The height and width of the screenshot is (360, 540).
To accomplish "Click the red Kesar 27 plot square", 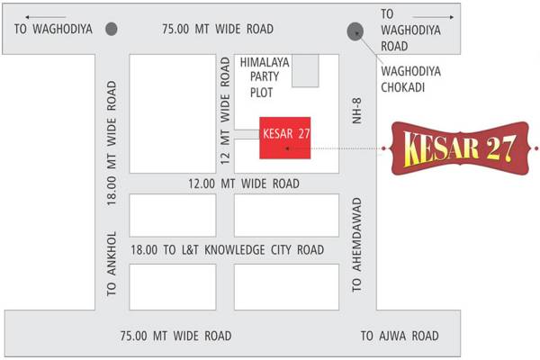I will [285, 139].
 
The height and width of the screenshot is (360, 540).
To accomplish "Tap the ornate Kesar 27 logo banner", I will [459, 147].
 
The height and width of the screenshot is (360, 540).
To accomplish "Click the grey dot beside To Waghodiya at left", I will [112, 29].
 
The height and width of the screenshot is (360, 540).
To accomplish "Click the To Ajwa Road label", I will [400, 337].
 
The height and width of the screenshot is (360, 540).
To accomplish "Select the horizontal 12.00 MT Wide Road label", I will [245, 184].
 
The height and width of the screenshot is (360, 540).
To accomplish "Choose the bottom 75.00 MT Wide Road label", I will [176, 337].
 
